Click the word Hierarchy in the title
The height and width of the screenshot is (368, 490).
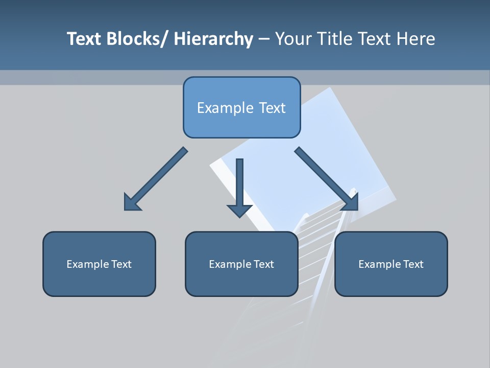point(213,39)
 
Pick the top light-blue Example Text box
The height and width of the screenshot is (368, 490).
point(241,107)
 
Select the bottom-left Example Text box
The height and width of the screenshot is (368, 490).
point(99,264)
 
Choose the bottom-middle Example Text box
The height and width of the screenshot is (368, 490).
point(241,264)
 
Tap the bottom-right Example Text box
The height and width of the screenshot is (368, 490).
point(391,264)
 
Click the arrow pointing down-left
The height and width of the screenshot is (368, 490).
point(155,179)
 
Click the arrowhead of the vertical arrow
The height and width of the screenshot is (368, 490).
point(239,210)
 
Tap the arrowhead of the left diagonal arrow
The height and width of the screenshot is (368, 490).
point(131,203)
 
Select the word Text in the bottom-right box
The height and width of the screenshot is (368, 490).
point(413,264)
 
